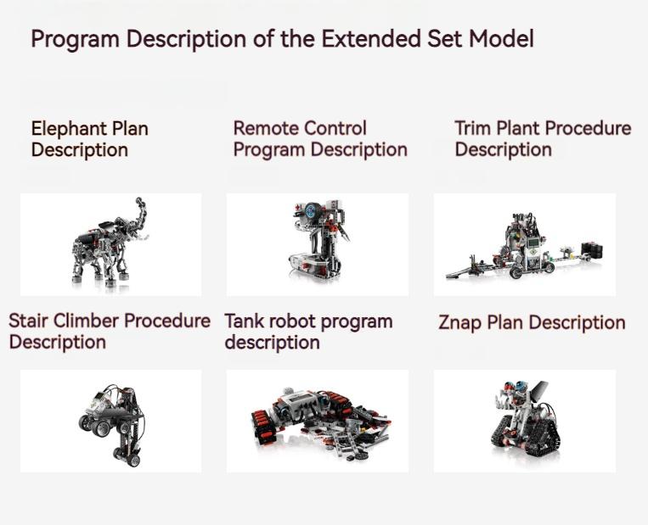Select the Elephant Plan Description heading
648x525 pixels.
[89, 139]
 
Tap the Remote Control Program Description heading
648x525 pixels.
[320, 139]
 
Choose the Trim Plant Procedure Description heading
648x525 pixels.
[543, 139]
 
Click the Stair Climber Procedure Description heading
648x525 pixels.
[110, 332]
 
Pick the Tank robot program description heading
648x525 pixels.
[308, 332]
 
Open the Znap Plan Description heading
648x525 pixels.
[532, 323]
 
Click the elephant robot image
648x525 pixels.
[110, 243]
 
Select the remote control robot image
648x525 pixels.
[317, 243]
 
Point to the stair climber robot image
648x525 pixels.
[110, 421]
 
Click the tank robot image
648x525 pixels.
[316, 421]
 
